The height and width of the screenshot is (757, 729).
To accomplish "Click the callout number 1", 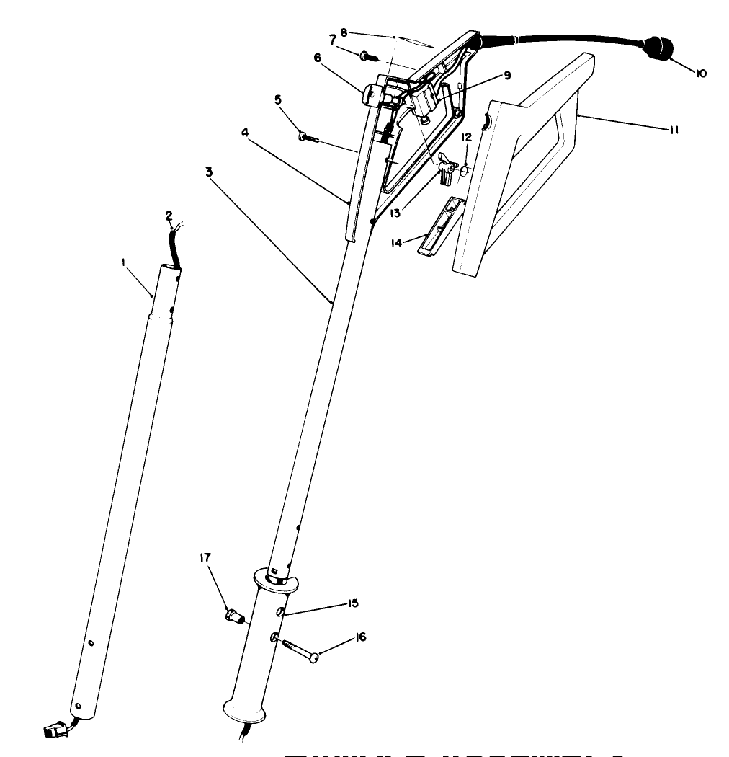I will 125,265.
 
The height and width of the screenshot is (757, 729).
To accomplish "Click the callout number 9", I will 506,75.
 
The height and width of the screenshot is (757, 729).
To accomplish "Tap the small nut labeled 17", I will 233,617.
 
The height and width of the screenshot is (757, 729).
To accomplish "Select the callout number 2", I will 169,216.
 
